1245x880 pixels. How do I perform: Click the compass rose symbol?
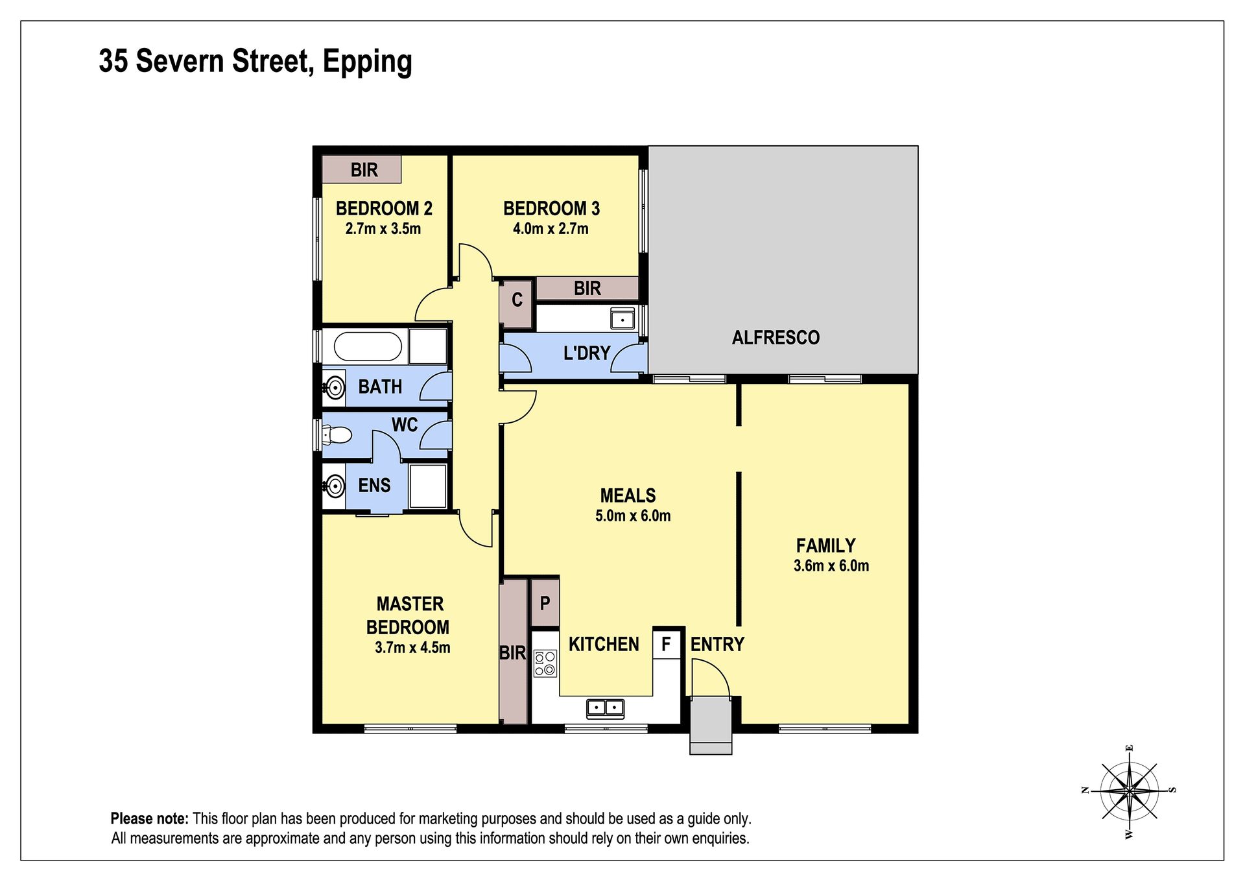pos(1129,791)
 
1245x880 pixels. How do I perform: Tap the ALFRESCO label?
pos(776,337)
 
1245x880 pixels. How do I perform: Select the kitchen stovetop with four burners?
pos(545,663)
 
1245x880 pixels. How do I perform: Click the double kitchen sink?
pos(605,709)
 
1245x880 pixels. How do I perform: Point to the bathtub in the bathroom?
pos(367,346)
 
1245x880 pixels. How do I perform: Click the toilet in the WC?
pos(337,434)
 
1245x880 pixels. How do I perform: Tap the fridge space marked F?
pos(666,644)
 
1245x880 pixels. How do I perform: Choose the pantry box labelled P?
pos(545,603)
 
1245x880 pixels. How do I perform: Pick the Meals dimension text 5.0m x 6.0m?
pos(633,516)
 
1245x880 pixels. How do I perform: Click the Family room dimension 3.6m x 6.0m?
pos(831,565)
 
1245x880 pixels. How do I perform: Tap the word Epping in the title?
pos(367,62)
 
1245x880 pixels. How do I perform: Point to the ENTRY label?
pos(717,644)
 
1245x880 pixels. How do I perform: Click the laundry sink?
pos(622,319)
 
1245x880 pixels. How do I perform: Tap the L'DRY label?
pos(587,353)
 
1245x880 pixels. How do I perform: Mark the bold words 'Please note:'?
pos(150,818)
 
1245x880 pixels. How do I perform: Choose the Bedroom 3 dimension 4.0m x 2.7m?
pos(551,228)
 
